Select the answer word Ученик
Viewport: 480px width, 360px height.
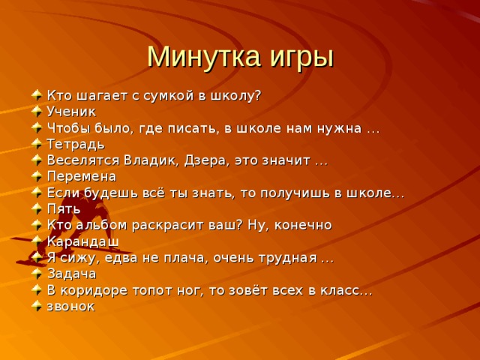(x=71, y=112)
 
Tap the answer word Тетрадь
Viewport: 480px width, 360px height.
(x=76, y=144)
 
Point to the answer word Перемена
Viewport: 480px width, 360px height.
(x=81, y=176)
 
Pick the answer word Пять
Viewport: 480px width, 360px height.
(x=64, y=208)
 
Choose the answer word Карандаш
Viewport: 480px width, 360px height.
(x=82, y=241)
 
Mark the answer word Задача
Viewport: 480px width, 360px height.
(x=71, y=274)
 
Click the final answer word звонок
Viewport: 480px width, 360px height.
(x=70, y=306)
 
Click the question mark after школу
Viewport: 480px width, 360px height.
(x=257, y=95)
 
